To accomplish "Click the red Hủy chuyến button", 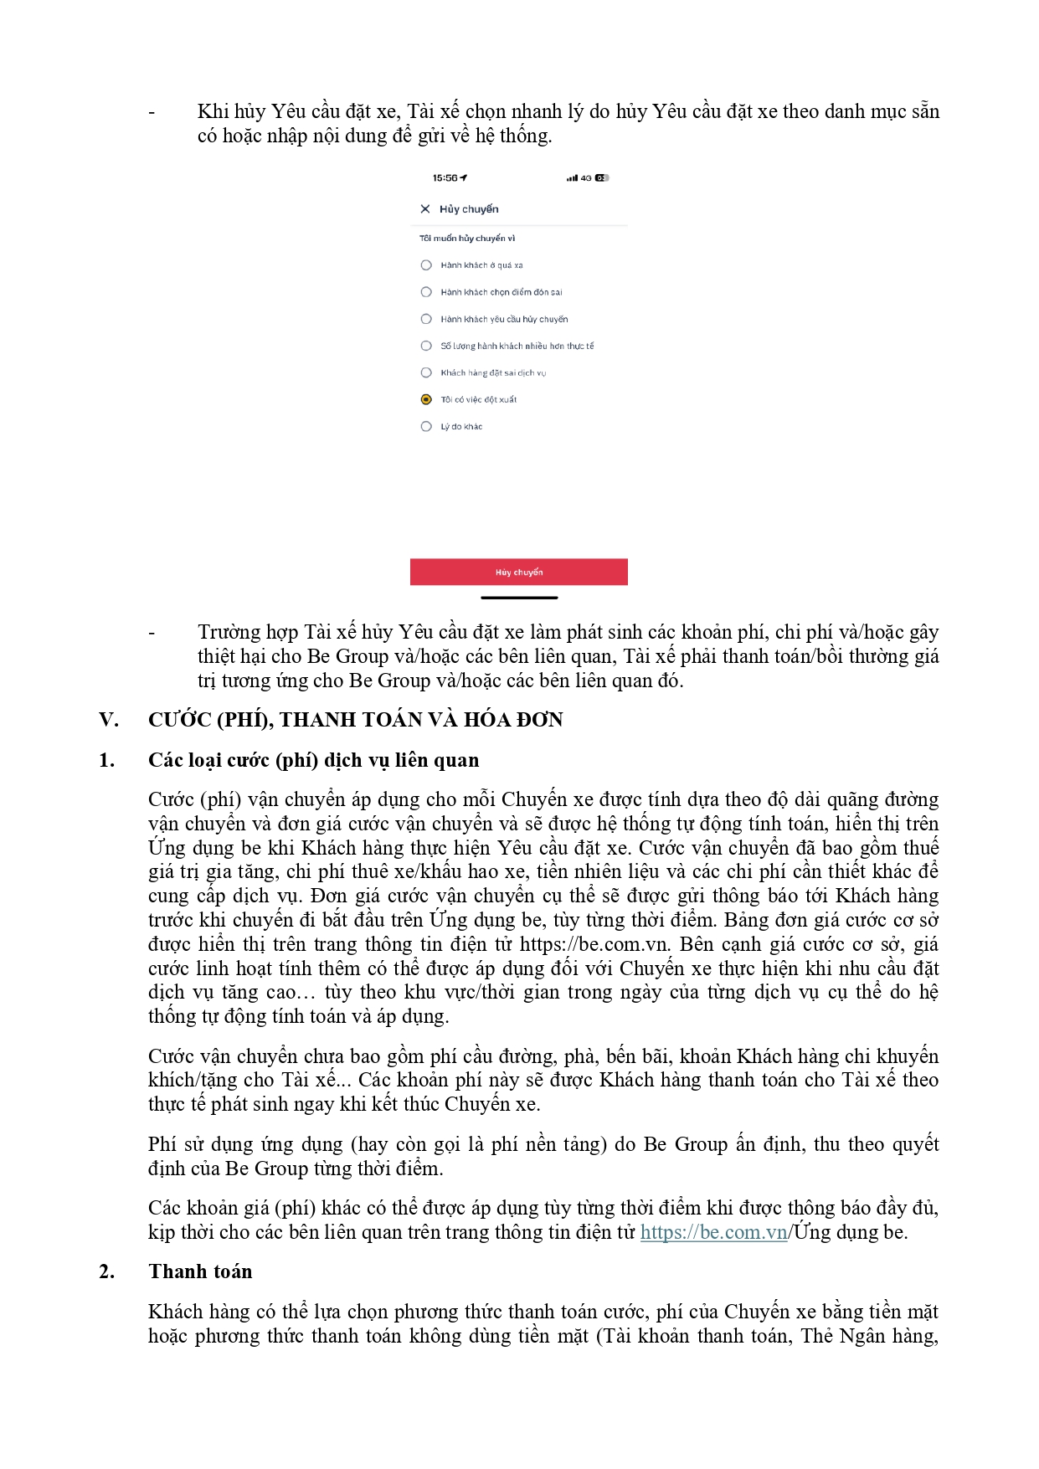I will coord(518,572).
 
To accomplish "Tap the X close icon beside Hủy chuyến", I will coord(425,209).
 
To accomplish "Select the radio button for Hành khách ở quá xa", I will coord(426,265).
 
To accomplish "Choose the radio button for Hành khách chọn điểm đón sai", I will coord(426,292).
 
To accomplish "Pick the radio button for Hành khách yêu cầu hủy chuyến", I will coord(426,319).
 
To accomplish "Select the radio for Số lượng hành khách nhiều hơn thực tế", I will coord(426,346).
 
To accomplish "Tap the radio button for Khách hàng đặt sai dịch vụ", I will coord(426,372).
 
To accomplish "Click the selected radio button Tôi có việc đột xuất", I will coord(426,399).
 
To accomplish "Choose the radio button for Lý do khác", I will coord(426,426).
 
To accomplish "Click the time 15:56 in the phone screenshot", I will coord(445,178).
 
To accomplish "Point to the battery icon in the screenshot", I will coord(602,178).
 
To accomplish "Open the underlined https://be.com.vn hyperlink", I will coord(713,1232).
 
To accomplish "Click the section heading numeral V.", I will coord(109,720).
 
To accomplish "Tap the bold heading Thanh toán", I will coord(200,1271).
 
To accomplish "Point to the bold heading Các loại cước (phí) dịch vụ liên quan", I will coord(313,760).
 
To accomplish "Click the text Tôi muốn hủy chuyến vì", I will coord(467,239).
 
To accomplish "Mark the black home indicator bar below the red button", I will coord(519,598).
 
